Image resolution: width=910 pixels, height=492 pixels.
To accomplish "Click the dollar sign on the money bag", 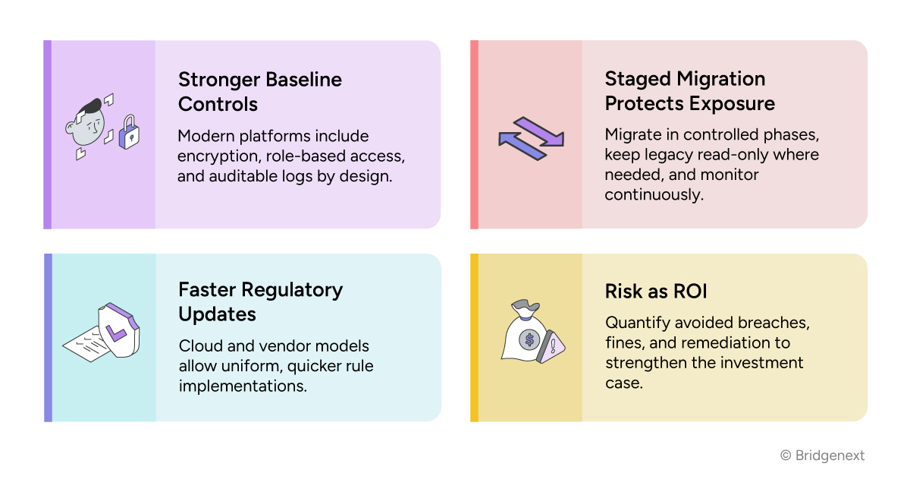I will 529,339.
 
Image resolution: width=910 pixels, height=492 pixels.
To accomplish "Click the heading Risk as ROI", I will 657,291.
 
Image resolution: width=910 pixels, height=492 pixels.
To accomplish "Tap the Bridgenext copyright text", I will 822,456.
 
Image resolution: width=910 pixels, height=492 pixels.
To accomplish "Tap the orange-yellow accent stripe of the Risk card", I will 474,337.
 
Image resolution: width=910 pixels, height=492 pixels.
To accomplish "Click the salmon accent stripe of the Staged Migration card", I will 474,134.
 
